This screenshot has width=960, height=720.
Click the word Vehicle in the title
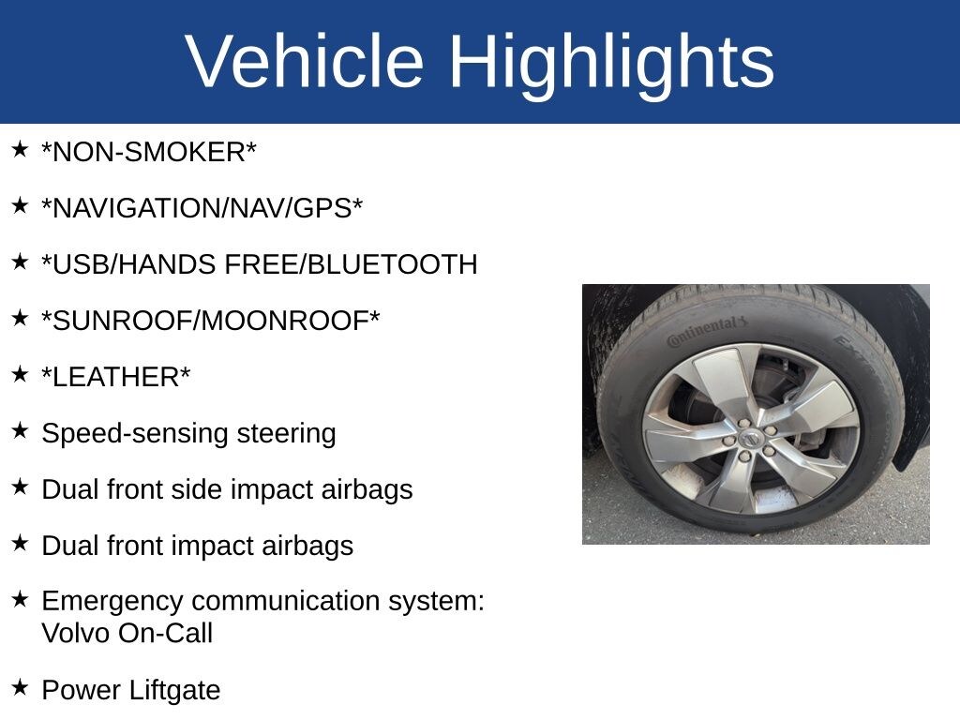[305, 61]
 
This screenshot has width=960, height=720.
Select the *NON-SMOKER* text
[149, 152]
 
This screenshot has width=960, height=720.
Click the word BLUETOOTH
[392, 264]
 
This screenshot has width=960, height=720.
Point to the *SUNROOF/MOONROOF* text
[211, 321]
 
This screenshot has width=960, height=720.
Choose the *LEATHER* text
[115, 377]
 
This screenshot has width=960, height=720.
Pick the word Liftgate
[174, 691]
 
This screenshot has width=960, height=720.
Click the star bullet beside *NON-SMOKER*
[20, 149]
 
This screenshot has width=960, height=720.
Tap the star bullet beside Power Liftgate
[20, 687]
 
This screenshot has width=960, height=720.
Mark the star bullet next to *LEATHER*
[20, 373]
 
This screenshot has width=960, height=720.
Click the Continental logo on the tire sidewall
[707, 331]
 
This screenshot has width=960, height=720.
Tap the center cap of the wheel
[751, 439]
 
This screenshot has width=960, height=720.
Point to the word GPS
[322, 208]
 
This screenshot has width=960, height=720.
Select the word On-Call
[165, 633]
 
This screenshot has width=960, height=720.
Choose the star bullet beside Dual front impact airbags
[20, 543]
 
